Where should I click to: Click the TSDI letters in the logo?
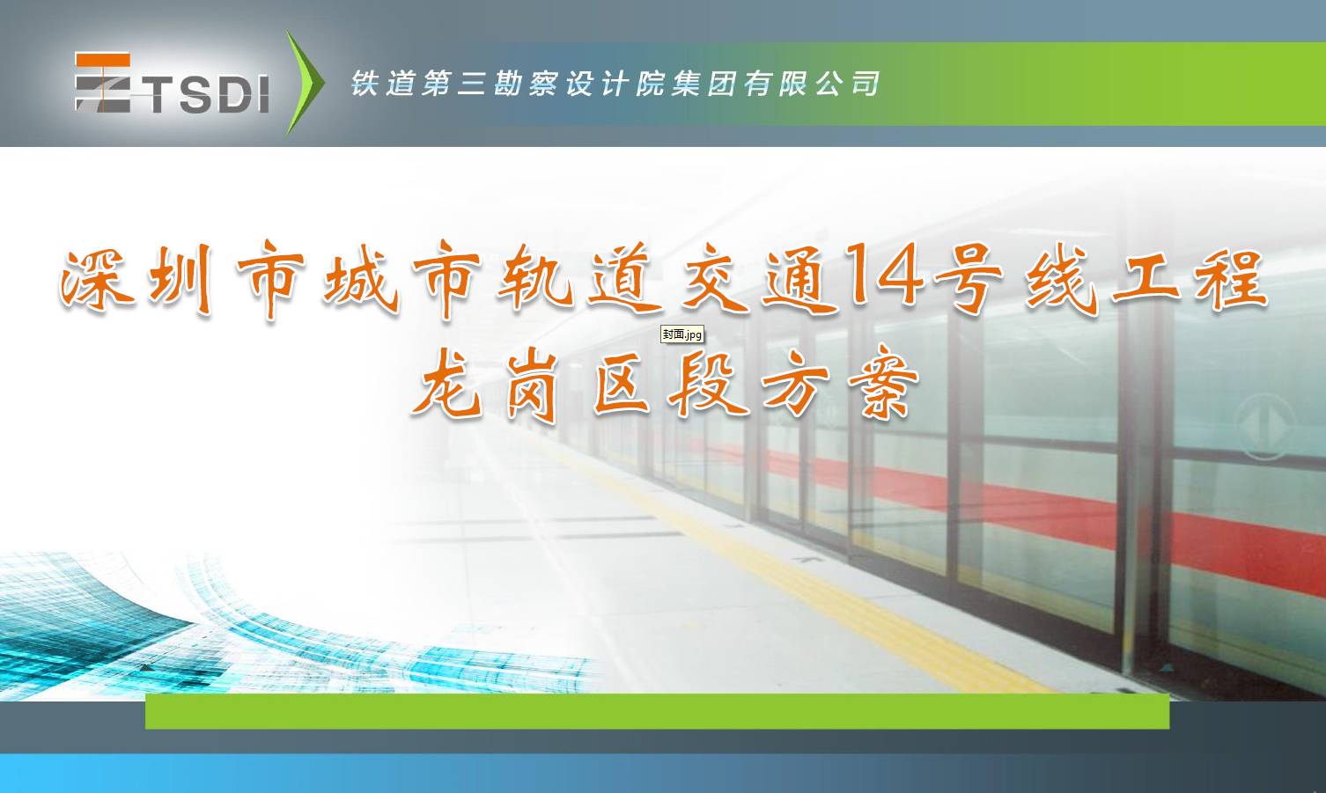pyautogui.click(x=208, y=93)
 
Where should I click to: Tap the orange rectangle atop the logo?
pyautogui.click(x=102, y=60)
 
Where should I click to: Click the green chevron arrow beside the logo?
pyautogui.click(x=305, y=82)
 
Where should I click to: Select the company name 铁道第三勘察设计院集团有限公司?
pyautogui.click(x=615, y=83)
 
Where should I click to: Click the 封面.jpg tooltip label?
pyautogui.click(x=682, y=334)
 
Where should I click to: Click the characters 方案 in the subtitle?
pyautogui.click(x=841, y=382)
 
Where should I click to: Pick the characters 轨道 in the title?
pyautogui.click(x=579, y=278)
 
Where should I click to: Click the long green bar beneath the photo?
pyautogui.click(x=657, y=711)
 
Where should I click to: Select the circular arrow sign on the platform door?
pyautogui.click(x=1263, y=425)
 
